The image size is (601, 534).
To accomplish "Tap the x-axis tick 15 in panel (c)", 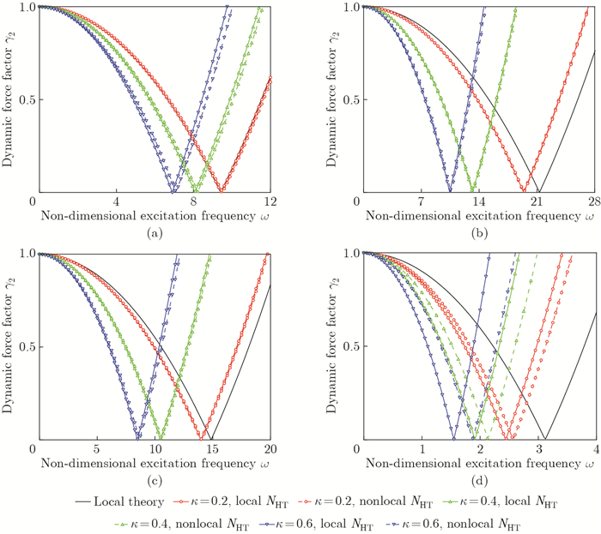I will point(211,449).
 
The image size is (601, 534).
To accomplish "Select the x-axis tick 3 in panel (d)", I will point(537,449).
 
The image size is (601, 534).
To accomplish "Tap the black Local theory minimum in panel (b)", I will point(538,192).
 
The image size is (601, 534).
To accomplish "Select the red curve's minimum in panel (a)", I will point(222,192).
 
